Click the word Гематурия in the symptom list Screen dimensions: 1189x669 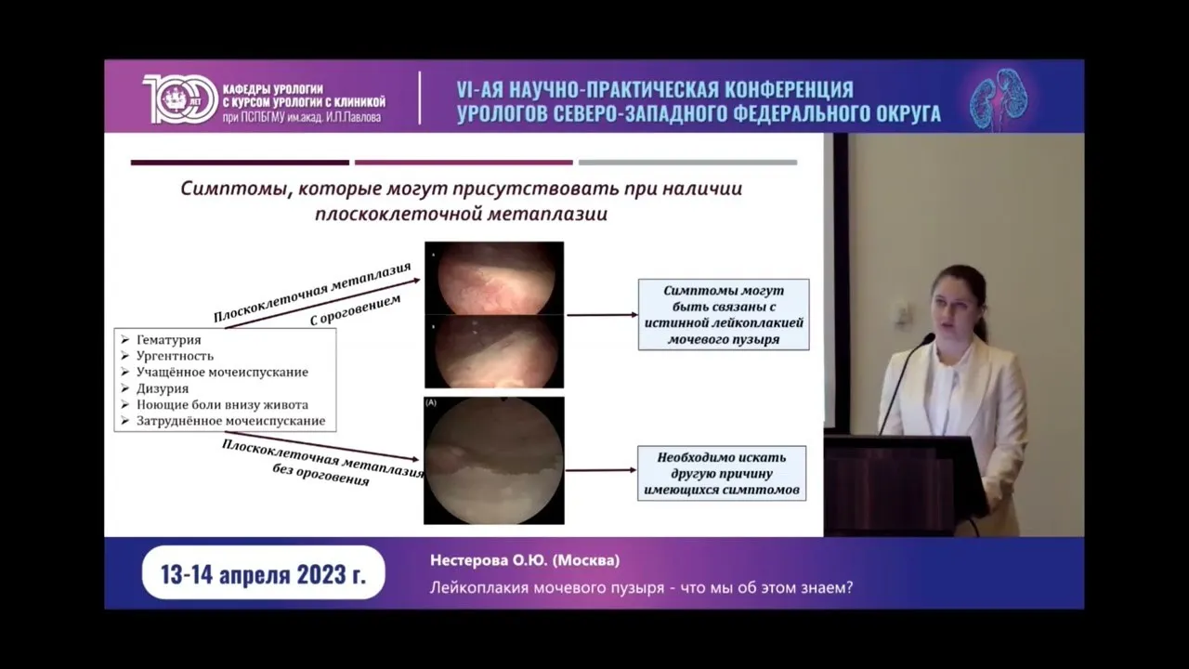point(169,339)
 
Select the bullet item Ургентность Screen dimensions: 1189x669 point(175,356)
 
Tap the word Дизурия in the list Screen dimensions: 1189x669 point(163,388)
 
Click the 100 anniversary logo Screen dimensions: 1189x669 point(180,98)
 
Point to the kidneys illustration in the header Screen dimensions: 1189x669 point(999,98)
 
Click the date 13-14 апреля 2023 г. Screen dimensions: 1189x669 point(263,574)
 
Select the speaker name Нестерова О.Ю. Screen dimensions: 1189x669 point(489,560)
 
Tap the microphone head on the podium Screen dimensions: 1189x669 point(927,339)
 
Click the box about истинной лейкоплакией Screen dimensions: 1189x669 point(724,314)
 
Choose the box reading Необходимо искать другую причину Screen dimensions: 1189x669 point(722,473)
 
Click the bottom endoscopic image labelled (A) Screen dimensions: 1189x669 point(493,460)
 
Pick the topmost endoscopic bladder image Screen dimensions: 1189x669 point(494,278)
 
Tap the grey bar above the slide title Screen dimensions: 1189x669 point(688,163)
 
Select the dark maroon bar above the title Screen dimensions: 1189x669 point(240,163)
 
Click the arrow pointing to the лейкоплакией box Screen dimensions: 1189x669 point(603,315)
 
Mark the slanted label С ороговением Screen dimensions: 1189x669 point(355,309)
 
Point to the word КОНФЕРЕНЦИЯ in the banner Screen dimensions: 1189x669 point(790,90)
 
